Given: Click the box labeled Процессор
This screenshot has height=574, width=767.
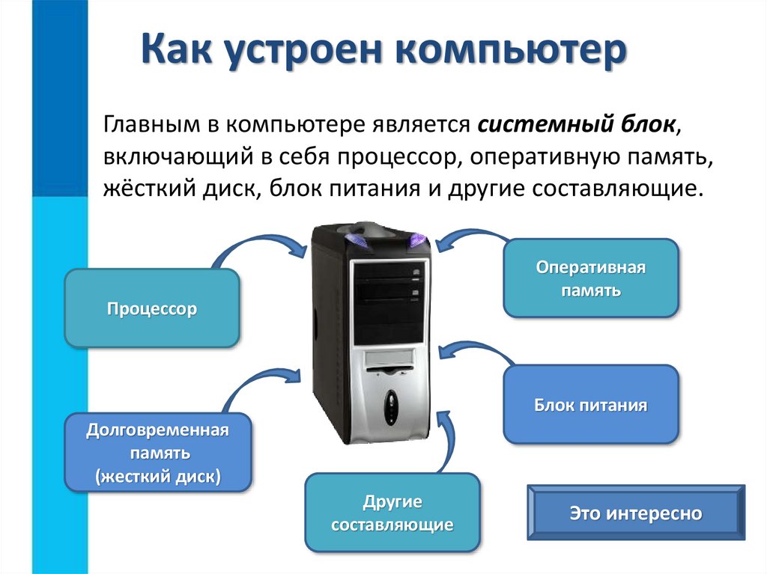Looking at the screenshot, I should click(x=152, y=308).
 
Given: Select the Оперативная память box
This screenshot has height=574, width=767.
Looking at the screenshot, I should click(x=590, y=278).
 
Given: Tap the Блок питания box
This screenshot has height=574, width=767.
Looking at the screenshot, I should click(x=590, y=406).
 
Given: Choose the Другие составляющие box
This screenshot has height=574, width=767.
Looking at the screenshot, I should click(x=392, y=513).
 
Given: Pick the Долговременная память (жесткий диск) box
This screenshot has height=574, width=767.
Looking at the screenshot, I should click(x=157, y=453).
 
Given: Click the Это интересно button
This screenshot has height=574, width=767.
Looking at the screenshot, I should click(x=636, y=513).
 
